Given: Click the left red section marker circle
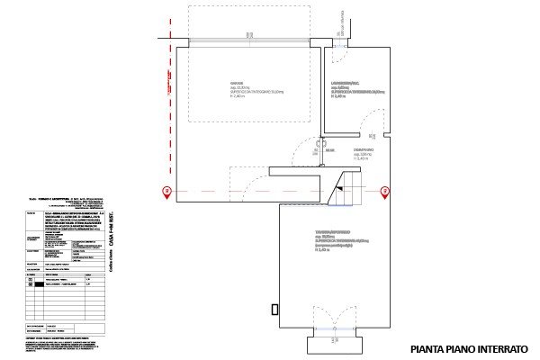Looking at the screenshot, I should tap(165, 190).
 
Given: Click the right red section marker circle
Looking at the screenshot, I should tap(384, 190).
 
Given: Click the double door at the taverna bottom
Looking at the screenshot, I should tap(334, 320).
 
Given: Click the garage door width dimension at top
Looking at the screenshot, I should tap(248, 37).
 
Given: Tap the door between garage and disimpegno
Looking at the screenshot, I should tap(318, 148).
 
